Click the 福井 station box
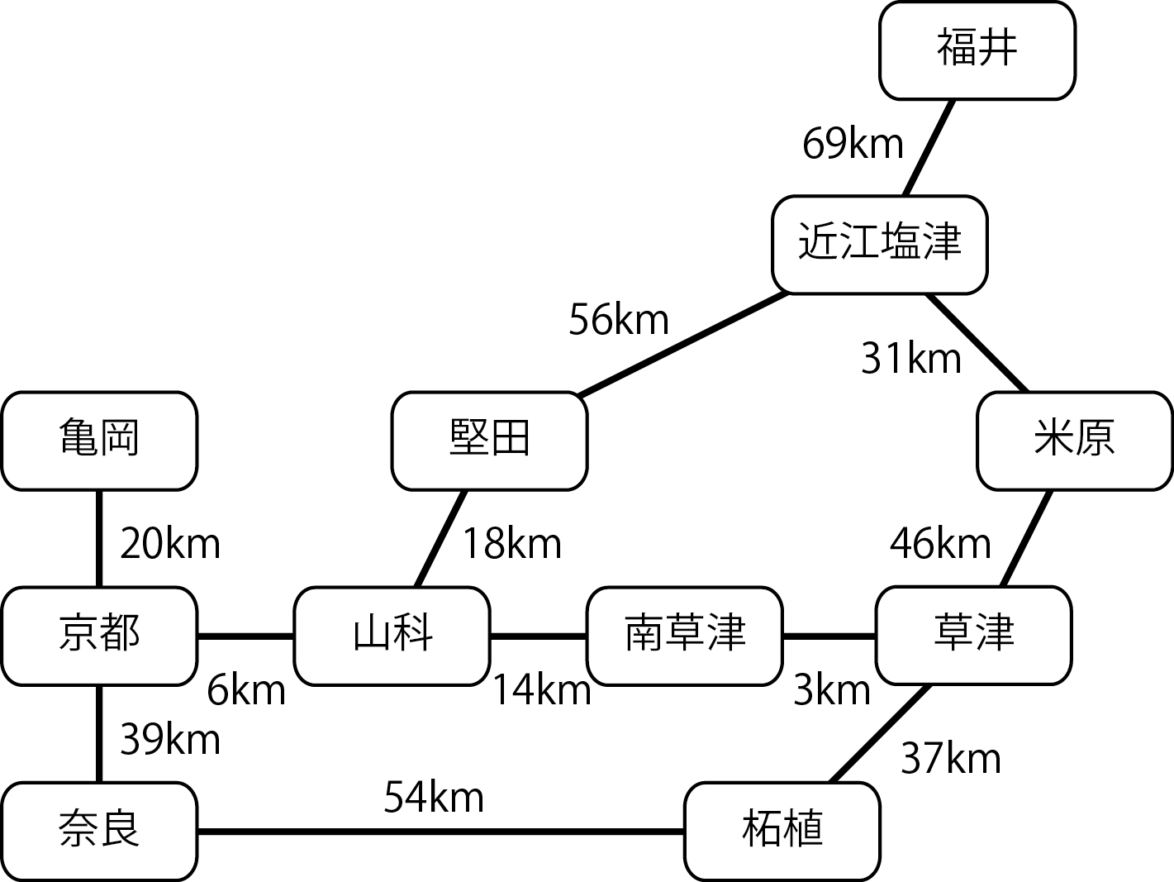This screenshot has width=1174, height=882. [x=977, y=50]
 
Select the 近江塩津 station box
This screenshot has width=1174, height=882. [x=880, y=245]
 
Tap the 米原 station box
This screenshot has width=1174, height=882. [x=1074, y=441]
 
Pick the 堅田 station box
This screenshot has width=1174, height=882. [x=489, y=441]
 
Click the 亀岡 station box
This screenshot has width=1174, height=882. [x=99, y=441]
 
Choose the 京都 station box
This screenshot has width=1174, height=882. [x=99, y=636]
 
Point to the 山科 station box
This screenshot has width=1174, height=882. [x=392, y=636]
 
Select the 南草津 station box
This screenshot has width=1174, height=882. [x=684, y=636]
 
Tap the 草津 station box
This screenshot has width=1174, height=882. [x=973, y=636]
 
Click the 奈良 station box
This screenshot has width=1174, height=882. [x=99, y=831]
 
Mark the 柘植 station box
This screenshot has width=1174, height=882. [x=782, y=831]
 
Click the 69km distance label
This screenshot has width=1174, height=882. [x=853, y=145]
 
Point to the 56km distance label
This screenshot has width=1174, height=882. [x=618, y=320]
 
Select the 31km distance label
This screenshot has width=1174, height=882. [x=910, y=359]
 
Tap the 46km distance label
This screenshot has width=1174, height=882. [x=939, y=544]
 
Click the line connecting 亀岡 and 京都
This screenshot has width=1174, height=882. [x=99, y=538]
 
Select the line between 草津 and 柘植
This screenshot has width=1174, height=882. [x=877, y=734]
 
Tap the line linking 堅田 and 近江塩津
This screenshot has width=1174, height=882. [x=684, y=343]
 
